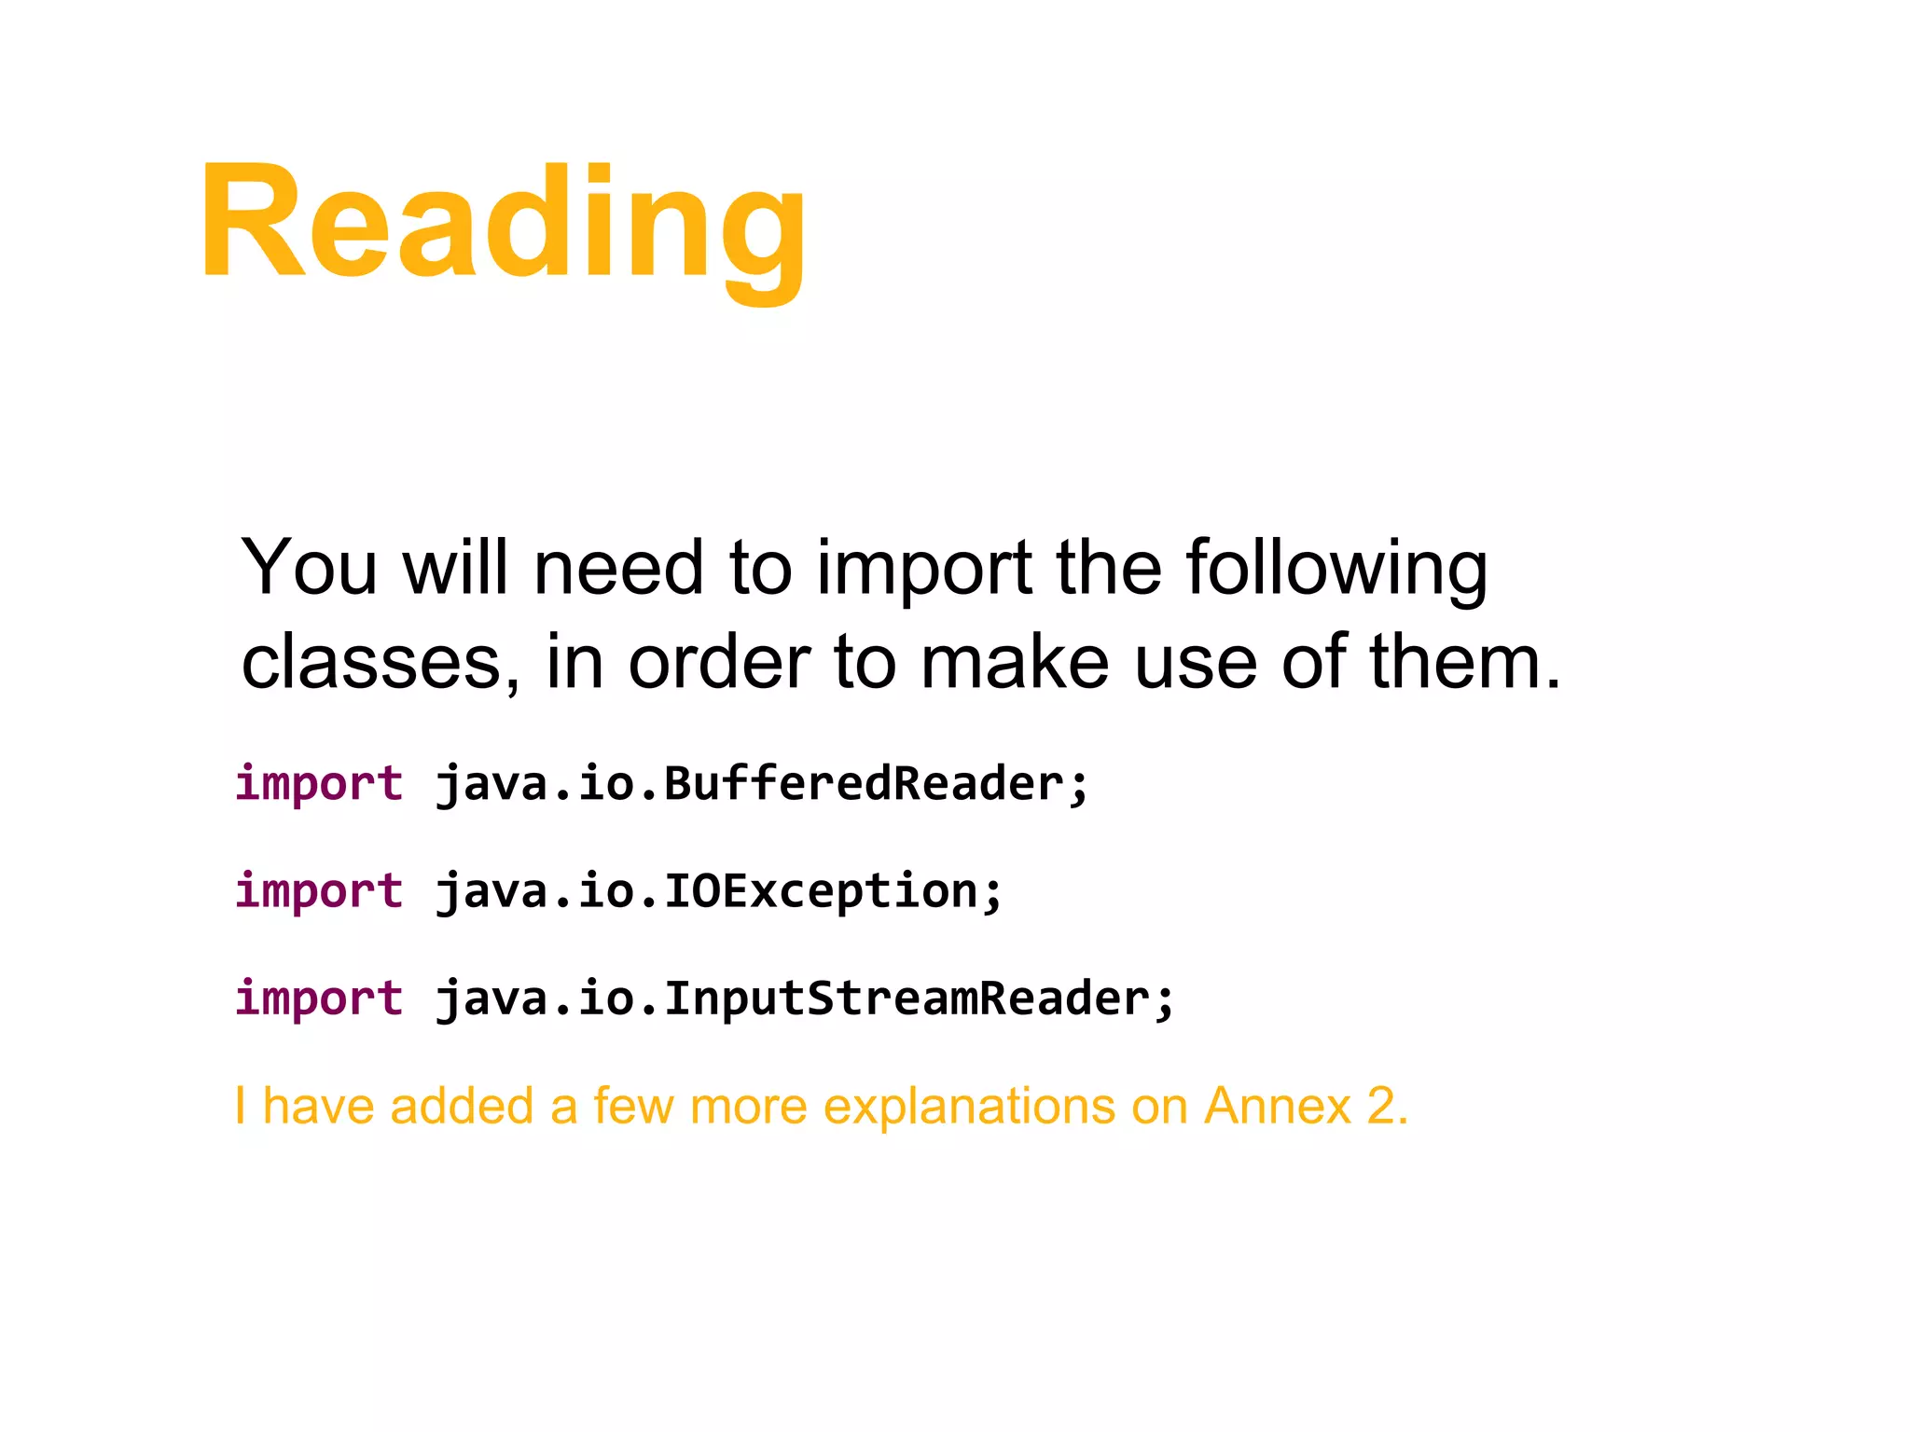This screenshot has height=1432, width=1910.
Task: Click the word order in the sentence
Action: click(x=718, y=662)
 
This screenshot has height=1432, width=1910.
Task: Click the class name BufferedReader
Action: click(x=864, y=783)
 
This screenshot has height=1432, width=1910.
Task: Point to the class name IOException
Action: click(x=821, y=890)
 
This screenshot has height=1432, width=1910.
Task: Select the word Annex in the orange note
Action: click(x=1277, y=1107)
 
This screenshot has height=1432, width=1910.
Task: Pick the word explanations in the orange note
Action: click(x=969, y=1107)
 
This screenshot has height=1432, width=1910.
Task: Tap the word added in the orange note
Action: click(x=461, y=1107)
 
